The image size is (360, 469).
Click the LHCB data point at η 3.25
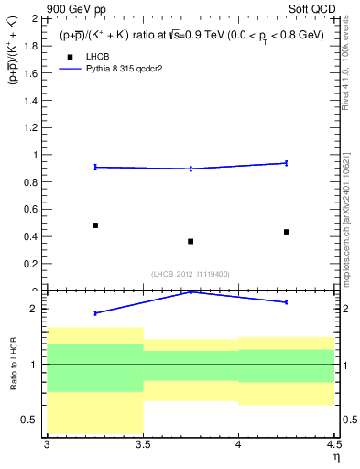click(x=94, y=225)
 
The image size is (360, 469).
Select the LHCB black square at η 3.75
click(x=191, y=242)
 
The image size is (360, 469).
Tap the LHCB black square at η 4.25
click(x=287, y=232)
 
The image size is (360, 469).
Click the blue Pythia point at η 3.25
click(x=94, y=167)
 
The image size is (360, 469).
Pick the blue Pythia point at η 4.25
click(x=287, y=163)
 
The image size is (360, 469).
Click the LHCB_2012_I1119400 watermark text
click(x=191, y=274)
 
